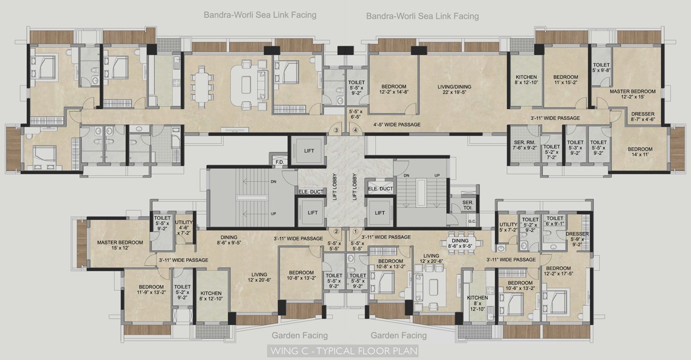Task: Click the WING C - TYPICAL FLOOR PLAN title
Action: (343, 351)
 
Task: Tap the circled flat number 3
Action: (336, 130)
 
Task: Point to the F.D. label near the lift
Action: (278, 162)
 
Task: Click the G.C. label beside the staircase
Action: (471, 221)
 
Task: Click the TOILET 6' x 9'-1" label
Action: (555, 221)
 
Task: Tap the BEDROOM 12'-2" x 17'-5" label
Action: (558, 271)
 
